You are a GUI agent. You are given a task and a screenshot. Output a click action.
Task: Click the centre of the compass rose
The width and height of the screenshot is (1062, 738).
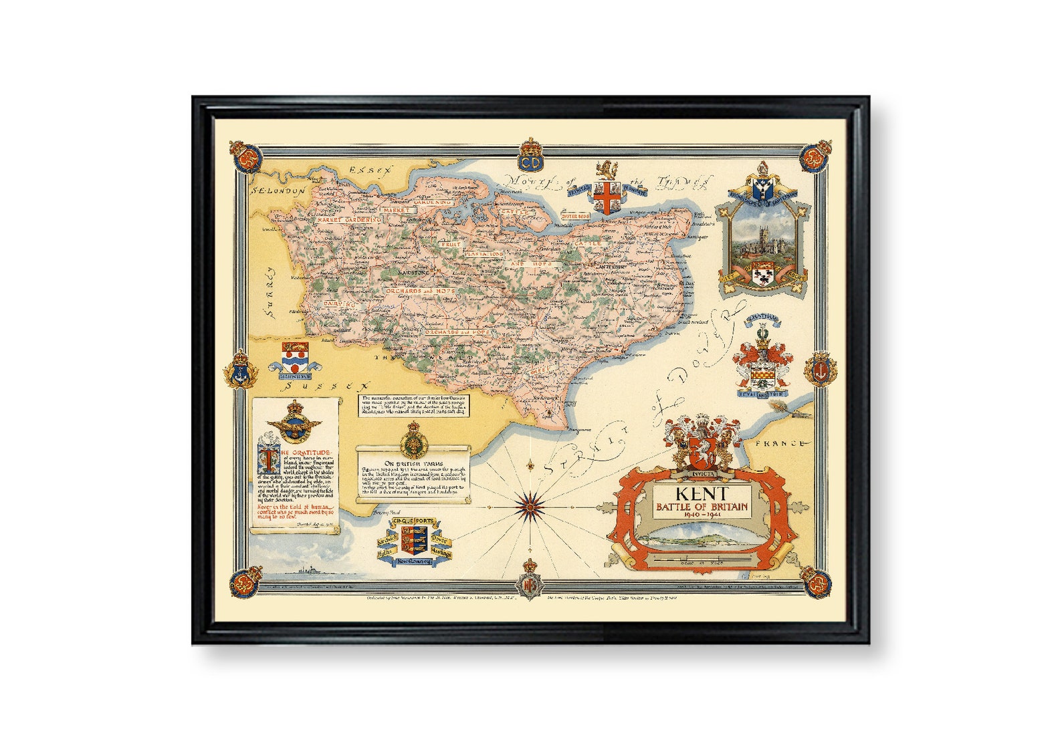point(530,505)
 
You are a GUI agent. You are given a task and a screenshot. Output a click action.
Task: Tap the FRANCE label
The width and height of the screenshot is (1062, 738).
point(779,443)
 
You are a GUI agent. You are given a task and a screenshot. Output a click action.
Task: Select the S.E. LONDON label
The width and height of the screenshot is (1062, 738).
point(278,191)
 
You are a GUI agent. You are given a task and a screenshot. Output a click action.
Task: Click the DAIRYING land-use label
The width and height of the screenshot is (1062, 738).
point(338,303)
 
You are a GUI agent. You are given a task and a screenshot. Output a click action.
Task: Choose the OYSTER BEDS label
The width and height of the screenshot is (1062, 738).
point(574,216)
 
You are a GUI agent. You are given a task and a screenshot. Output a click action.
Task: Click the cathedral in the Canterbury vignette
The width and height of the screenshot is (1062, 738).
point(763,241)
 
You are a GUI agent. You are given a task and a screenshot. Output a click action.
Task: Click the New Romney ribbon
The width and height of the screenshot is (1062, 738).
point(415,562)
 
